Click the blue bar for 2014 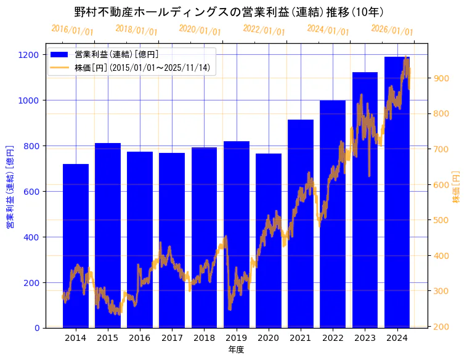click(x=76, y=247)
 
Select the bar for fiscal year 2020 click(x=269, y=247)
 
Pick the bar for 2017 click(x=172, y=247)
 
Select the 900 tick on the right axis click(x=442, y=78)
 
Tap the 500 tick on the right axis click(x=442, y=220)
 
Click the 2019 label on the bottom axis click(x=237, y=338)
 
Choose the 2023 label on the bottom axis click(x=365, y=338)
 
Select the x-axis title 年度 click(x=236, y=350)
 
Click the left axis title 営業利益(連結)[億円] click(x=9, y=187)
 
